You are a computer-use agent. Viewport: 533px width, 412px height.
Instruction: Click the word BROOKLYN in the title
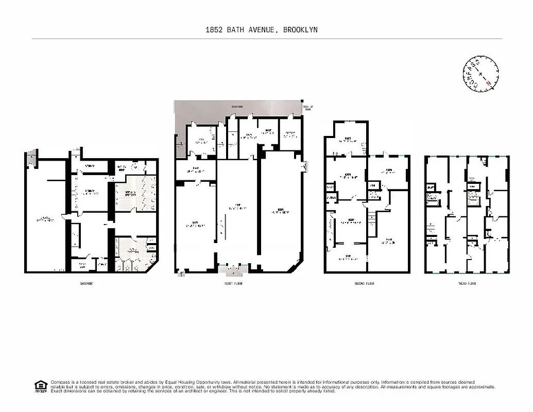(299, 30)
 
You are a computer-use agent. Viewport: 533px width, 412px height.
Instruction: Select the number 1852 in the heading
(214, 30)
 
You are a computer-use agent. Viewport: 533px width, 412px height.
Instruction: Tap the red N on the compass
(488, 80)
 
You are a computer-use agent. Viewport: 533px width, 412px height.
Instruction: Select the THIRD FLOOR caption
(467, 284)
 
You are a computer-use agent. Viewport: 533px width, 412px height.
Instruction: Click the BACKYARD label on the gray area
(237, 107)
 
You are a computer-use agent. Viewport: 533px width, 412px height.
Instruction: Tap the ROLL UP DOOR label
(308, 108)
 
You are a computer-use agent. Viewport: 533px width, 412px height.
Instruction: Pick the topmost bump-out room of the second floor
(348, 138)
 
